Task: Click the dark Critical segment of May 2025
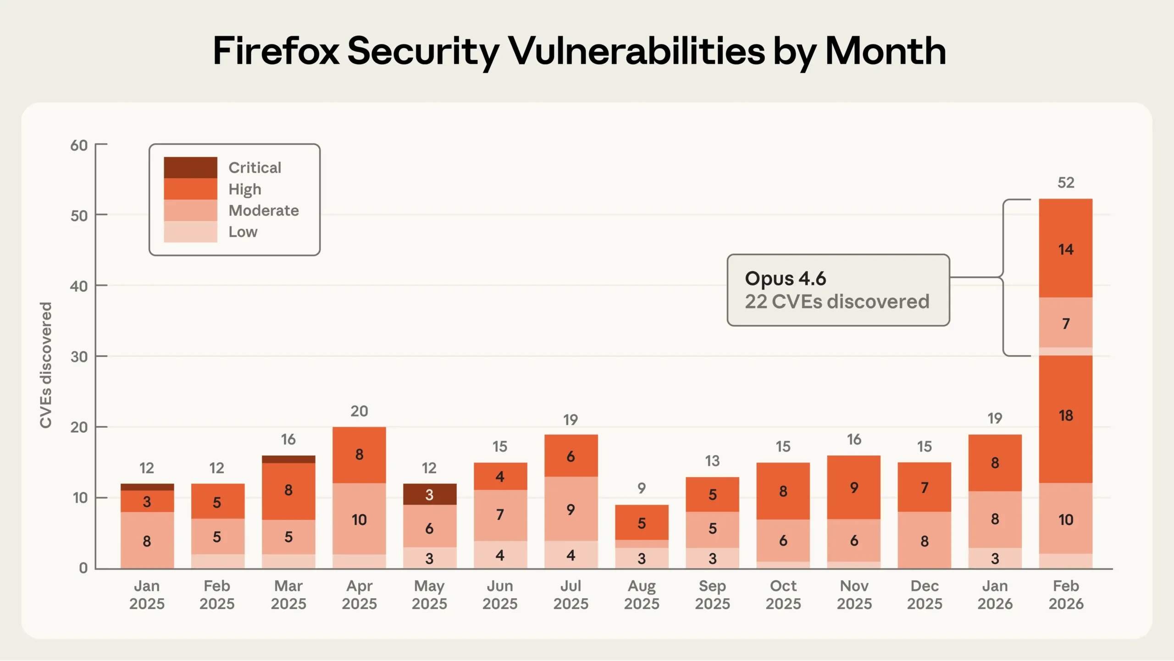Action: [430, 494]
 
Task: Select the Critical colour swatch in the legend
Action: [190, 167]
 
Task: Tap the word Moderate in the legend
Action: [264, 211]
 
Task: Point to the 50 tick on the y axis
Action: [79, 216]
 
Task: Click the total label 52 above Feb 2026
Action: [1066, 183]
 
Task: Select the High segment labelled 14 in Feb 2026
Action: [1066, 249]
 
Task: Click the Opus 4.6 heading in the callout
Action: [785, 278]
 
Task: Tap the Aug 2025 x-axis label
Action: [642, 594]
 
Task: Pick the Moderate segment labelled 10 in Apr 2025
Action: [359, 520]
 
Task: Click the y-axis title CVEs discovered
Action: [46, 365]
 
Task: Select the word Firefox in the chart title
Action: [276, 51]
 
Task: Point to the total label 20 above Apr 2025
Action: [359, 411]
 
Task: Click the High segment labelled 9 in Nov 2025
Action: [853, 488]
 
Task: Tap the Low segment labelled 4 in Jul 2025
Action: [571, 555]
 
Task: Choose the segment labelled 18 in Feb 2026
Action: [1066, 416]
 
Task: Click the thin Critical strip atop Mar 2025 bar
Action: [288, 459]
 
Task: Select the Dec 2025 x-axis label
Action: [925, 594]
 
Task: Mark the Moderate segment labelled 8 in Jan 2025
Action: [147, 541]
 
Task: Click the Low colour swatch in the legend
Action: [190, 232]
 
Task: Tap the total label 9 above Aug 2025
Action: [642, 488]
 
